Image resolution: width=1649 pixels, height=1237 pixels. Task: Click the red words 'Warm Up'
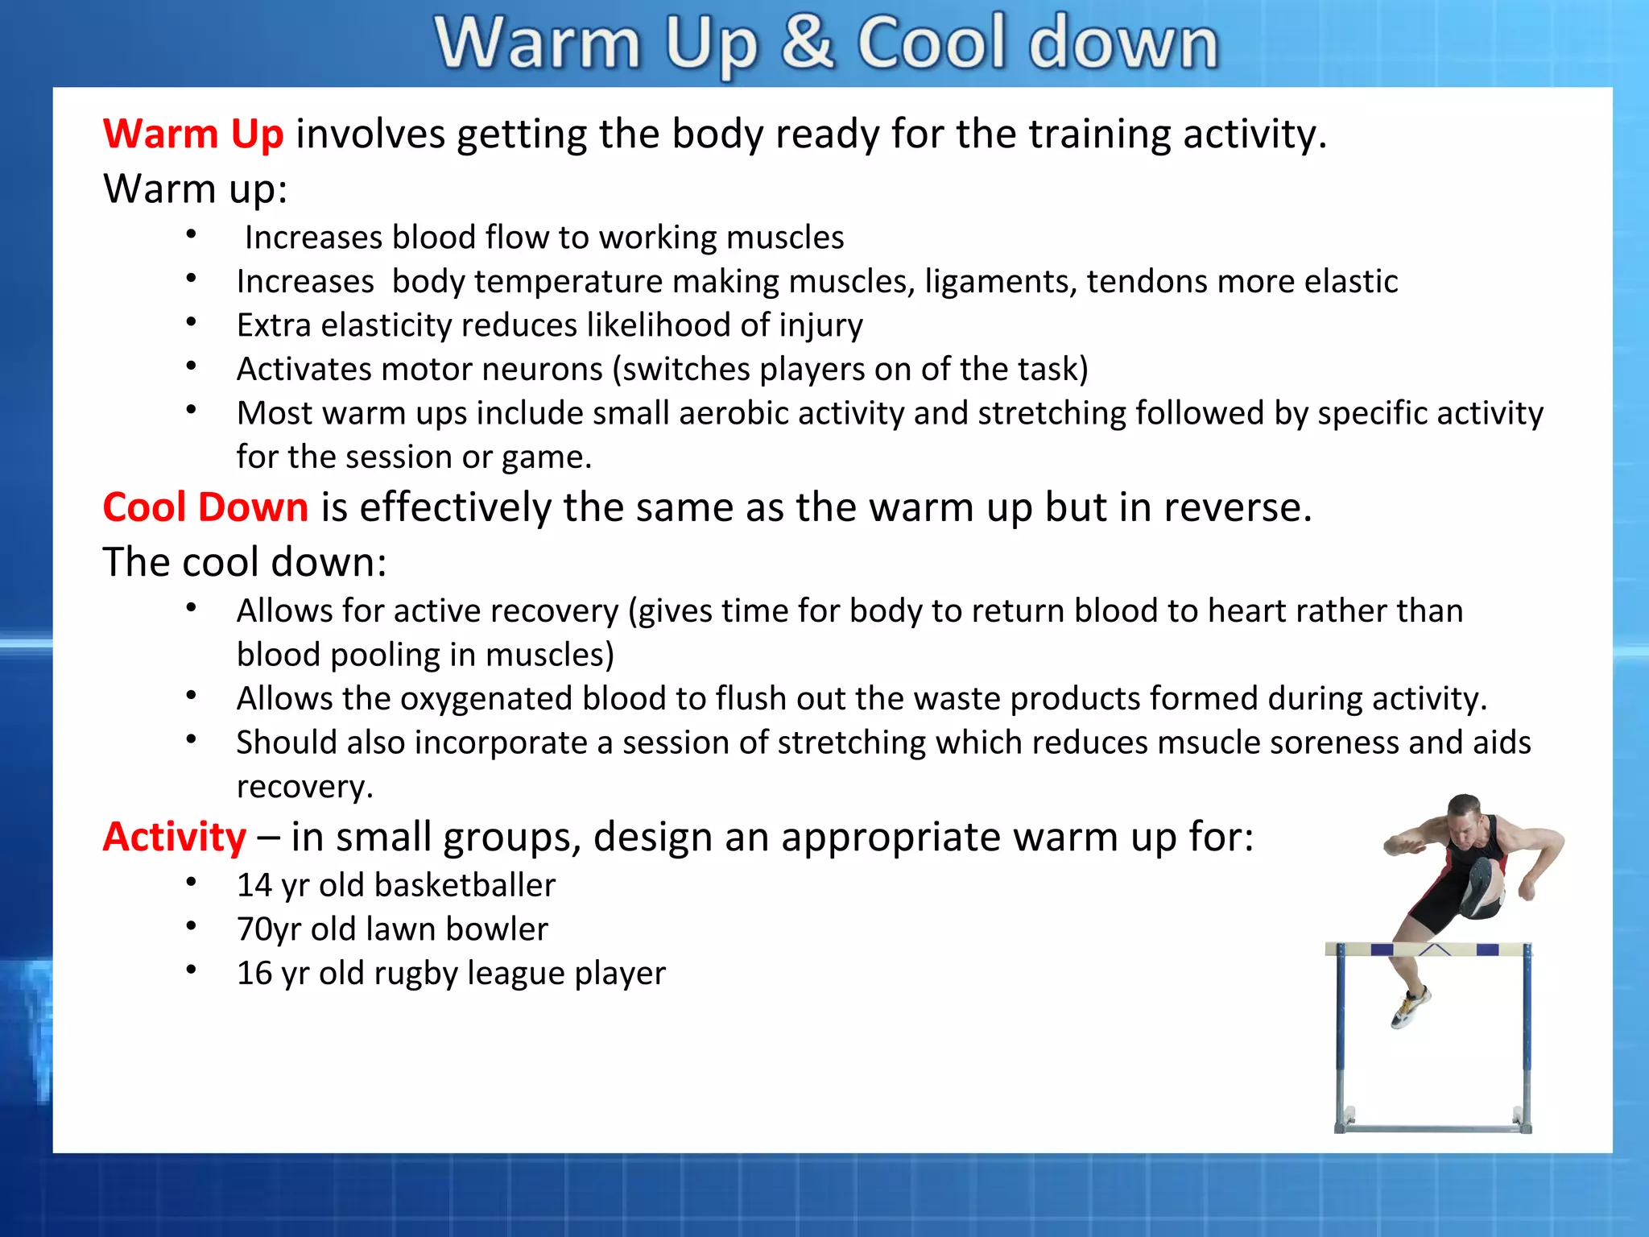(x=193, y=134)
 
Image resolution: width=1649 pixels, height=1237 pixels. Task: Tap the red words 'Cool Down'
(x=205, y=507)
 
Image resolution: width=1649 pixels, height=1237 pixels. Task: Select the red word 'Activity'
(x=175, y=837)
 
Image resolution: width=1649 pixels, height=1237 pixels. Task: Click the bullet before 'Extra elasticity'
(x=191, y=323)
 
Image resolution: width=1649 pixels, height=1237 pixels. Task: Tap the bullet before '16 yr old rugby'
(x=191, y=970)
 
